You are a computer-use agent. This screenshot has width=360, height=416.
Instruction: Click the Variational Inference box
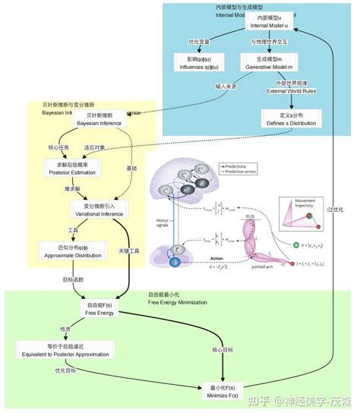point(99,210)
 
